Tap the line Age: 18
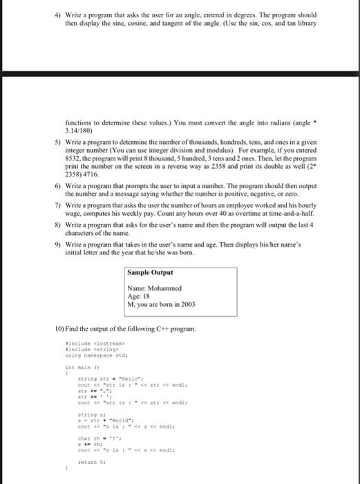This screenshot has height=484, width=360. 139,297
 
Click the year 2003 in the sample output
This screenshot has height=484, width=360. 188,304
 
